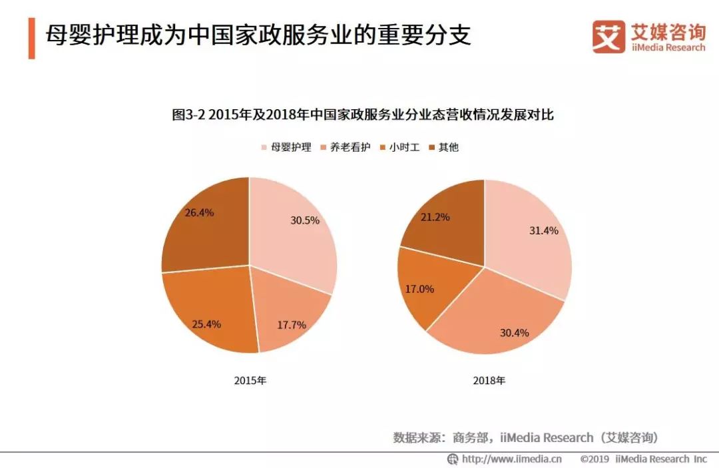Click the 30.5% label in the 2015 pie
coord(305,220)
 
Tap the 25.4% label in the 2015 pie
coord(206,324)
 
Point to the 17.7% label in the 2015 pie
coord(292,325)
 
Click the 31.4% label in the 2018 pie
coord(543,230)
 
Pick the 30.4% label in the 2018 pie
coord(514,332)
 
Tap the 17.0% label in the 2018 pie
coord(419,289)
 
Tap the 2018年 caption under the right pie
coord(489,381)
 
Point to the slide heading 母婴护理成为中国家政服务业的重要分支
coord(258,35)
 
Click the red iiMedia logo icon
coord(608,36)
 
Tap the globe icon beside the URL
coord(453,459)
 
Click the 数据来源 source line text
coord(525,437)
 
